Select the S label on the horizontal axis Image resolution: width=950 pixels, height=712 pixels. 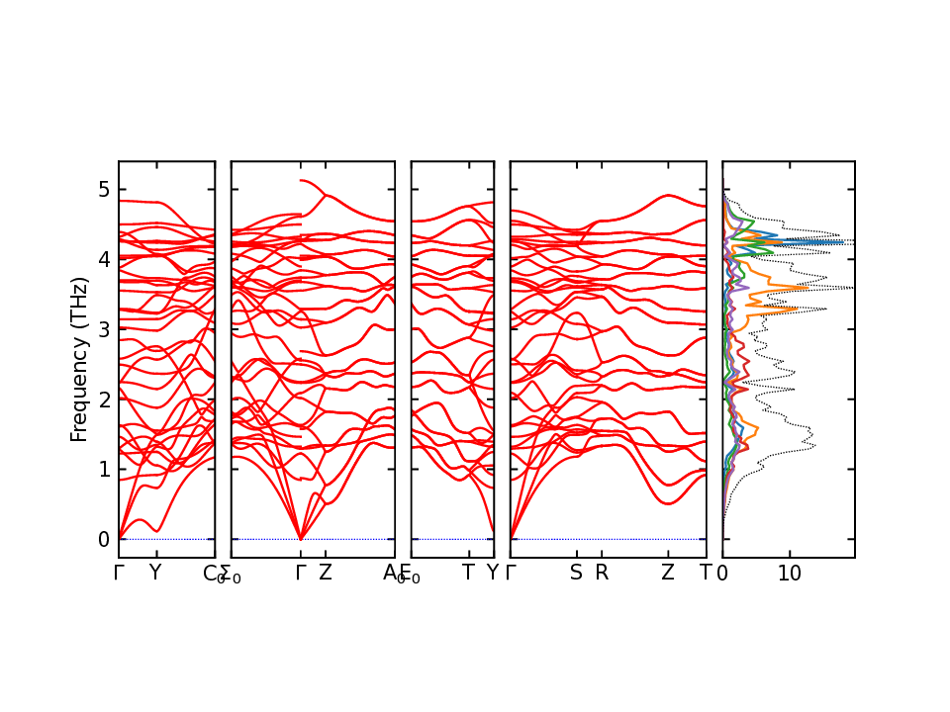coord(576,574)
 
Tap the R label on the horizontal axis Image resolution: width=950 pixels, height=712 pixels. coord(602,574)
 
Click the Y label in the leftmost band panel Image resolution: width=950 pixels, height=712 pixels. coord(154,574)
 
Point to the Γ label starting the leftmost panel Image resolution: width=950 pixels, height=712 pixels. coord(119,574)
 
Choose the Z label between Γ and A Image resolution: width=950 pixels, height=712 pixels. coord(325,574)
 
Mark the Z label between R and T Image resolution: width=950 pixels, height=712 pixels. coord(668,574)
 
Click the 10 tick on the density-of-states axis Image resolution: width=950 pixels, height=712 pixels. coord(789,574)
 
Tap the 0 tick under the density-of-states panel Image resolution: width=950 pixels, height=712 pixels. coord(722,574)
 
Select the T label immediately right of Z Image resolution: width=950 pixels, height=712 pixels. coord(706,574)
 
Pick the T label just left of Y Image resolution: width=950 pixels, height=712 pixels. coord(468,574)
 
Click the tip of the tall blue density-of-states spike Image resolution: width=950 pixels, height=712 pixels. coord(843,242)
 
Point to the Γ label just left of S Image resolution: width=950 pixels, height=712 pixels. coord(511,574)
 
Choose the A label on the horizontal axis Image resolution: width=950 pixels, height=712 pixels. coord(389,574)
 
